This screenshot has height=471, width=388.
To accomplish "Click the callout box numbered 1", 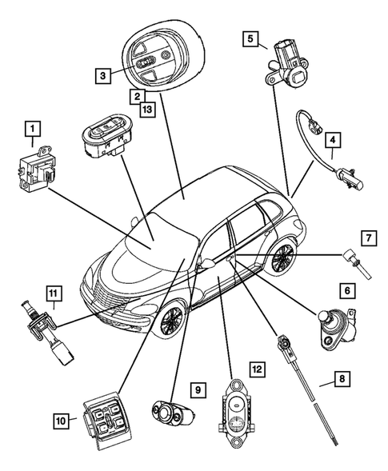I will click(33, 128).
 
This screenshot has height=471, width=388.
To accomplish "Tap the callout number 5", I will click(250, 38).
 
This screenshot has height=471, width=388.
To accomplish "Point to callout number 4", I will click(334, 139).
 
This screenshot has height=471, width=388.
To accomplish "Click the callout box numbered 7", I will click(367, 237).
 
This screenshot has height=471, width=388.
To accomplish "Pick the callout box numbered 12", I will click(256, 369).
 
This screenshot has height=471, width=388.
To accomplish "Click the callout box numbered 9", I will click(196, 389).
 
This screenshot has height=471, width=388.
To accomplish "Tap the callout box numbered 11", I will click(53, 293).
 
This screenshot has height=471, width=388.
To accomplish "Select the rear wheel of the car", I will click(282, 257).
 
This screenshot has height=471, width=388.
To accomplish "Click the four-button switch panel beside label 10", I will click(102, 415).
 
